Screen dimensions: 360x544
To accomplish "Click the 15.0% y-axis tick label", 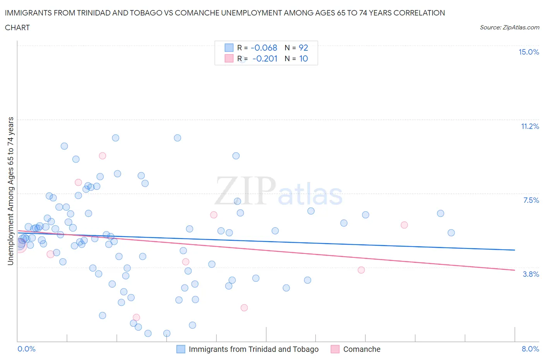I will click(x=529, y=52).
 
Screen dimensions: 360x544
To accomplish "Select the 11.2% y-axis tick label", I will click(x=530, y=127).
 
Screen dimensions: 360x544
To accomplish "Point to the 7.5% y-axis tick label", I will click(x=531, y=201).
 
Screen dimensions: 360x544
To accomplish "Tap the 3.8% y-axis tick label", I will click(x=531, y=274).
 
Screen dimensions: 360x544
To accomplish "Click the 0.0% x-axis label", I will click(x=27, y=349).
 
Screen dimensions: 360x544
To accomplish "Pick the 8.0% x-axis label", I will click(x=530, y=349).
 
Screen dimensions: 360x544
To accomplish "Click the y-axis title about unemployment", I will click(x=11, y=191).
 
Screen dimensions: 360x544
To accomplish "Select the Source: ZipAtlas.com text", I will click(x=509, y=27).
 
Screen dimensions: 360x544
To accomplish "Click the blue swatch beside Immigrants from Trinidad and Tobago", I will click(x=181, y=349).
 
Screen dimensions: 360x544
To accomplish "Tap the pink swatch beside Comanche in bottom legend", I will click(x=335, y=349).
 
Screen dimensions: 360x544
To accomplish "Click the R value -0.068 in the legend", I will click(x=264, y=48).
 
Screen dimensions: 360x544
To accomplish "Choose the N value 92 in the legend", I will click(x=303, y=48).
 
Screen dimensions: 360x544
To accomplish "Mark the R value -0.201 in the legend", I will click(x=265, y=59).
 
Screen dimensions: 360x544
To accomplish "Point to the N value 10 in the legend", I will click(x=303, y=59).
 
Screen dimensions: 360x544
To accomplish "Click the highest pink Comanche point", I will click(x=103, y=156).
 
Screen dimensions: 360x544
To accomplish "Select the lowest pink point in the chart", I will click(x=136, y=317).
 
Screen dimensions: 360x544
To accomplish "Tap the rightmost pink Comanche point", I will click(x=404, y=225).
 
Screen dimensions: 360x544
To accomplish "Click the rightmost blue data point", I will click(x=451, y=233).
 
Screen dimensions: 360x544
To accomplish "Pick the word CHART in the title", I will click(x=17, y=27).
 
